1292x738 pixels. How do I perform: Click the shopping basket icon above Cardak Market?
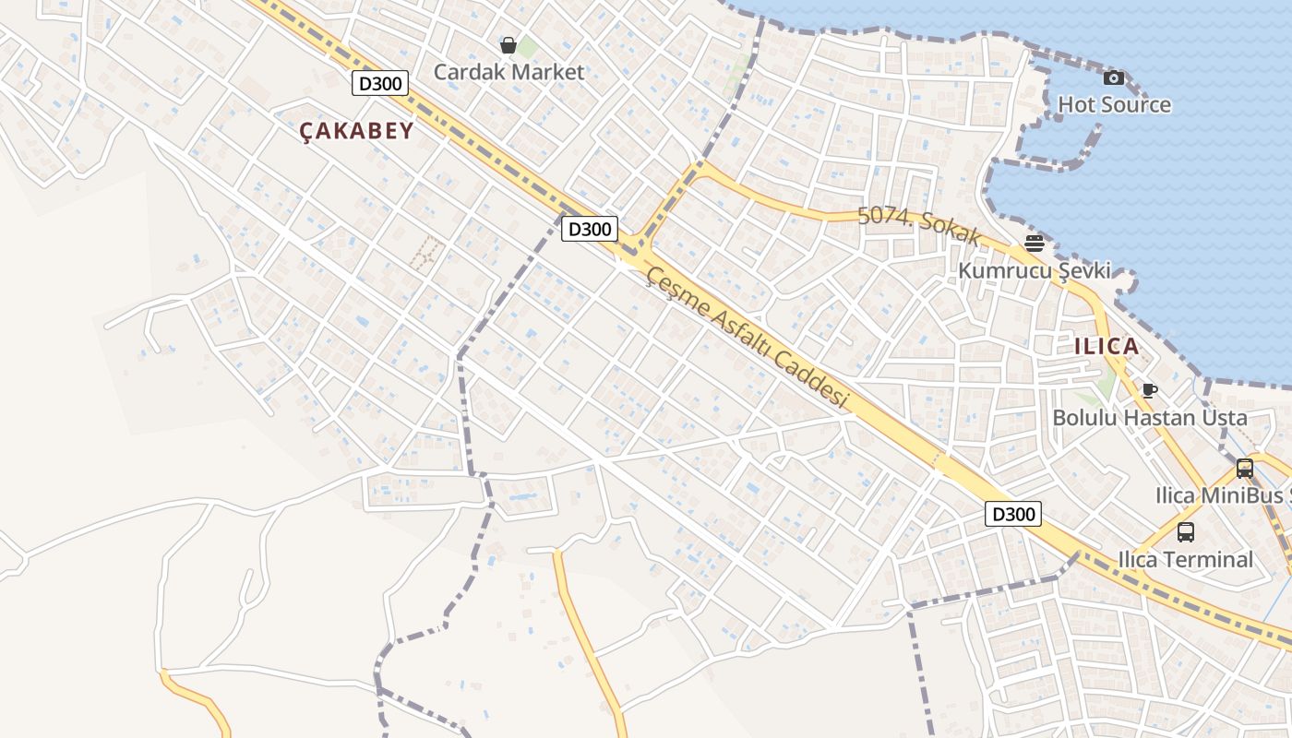(x=508, y=45)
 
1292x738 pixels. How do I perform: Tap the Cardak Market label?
(x=508, y=72)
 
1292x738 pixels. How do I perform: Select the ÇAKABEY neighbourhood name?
(x=356, y=131)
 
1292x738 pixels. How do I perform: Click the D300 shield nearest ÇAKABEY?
(x=379, y=84)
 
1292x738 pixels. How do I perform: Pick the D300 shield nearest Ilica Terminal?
(x=1012, y=514)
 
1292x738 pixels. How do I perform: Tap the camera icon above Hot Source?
(x=1114, y=78)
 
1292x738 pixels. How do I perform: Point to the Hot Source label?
(x=1114, y=104)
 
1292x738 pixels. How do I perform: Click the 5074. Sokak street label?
(x=918, y=225)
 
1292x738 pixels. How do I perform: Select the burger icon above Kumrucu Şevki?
(x=1034, y=244)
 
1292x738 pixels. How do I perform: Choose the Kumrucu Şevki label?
(x=1034, y=271)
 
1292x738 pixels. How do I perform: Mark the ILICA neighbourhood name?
(x=1107, y=347)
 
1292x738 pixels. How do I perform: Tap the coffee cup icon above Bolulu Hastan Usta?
(x=1149, y=390)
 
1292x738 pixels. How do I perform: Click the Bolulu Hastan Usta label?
(x=1150, y=417)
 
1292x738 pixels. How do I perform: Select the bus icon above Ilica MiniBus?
(x=1244, y=469)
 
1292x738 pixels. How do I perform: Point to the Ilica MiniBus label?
(x=1222, y=495)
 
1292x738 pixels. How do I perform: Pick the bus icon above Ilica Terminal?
(x=1185, y=532)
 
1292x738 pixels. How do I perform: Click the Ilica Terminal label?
(x=1185, y=559)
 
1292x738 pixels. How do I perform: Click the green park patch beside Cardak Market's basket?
(x=527, y=46)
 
